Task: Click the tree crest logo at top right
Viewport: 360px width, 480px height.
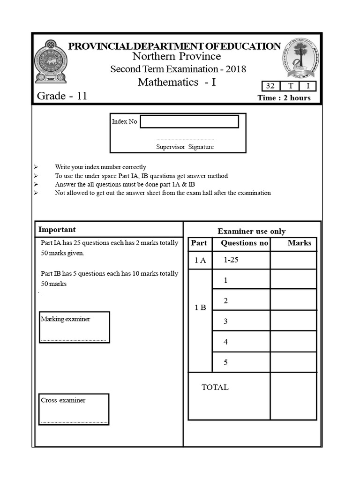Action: click(x=300, y=59)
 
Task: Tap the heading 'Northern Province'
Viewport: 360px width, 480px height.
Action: click(x=176, y=57)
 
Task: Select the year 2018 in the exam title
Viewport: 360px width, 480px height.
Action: click(x=235, y=69)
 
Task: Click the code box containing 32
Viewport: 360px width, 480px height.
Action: click(x=270, y=86)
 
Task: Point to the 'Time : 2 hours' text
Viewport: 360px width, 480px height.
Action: click(x=284, y=98)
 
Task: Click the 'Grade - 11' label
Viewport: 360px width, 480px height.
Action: click(x=62, y=96)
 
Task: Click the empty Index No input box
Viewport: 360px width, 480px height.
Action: click(x=189, y=122)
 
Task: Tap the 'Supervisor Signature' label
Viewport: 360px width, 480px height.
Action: click(x=185, y=147)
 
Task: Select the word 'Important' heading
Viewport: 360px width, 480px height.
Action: click(x=57, y=230)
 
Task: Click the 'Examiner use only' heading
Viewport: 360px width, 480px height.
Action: click(x=251, y=232)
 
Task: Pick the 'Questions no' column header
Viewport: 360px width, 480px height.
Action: click(x=244, y=243)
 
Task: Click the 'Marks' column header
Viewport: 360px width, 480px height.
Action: click(x=299, y=243)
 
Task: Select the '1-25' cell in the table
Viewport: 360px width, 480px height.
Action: click(x=231, y=260)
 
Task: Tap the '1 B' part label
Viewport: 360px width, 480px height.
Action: click(x=200, y=308)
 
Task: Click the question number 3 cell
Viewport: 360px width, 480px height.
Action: click(x=225, y=321)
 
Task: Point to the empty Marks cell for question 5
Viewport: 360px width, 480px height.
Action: click(x=293, y=362)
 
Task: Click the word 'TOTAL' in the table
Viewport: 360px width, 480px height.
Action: click(x=215, y=387)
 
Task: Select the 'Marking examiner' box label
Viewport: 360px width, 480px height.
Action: click(x=66, y=319)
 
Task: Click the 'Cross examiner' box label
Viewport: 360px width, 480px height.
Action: click(x=63, y=401)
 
